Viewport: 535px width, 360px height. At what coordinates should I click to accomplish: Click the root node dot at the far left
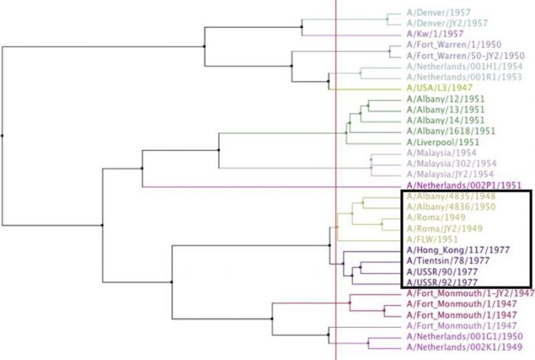[x=3, y=135]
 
